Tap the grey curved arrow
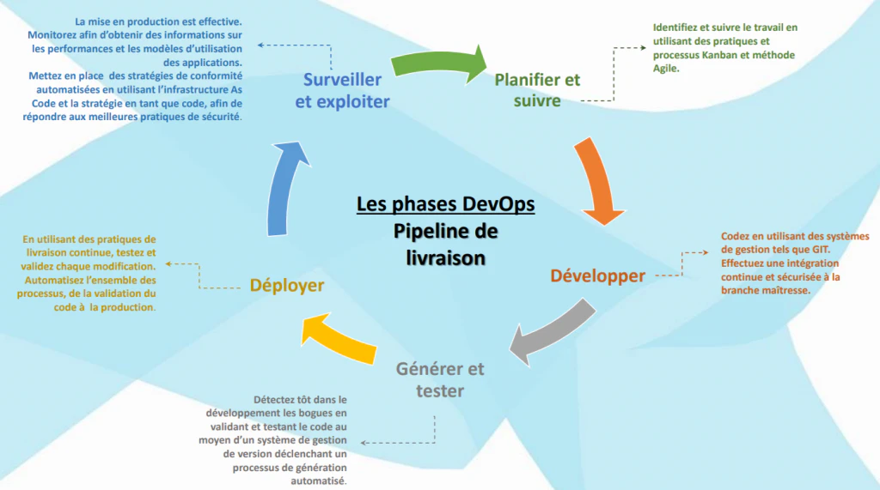coord(553,330)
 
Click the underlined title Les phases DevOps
coord(446,204)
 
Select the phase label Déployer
coord(287,286)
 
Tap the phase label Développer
coord(598,275)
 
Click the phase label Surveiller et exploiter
coord(342,90)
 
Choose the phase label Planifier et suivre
coord(537,90)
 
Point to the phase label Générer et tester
coord(440,379)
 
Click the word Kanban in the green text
coord(720,55)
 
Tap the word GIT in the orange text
coord(820,250)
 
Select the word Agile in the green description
coord(665,69)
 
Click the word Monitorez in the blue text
coord(52,35)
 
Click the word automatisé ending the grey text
coord(318,481)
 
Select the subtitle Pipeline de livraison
coord(446,245)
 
